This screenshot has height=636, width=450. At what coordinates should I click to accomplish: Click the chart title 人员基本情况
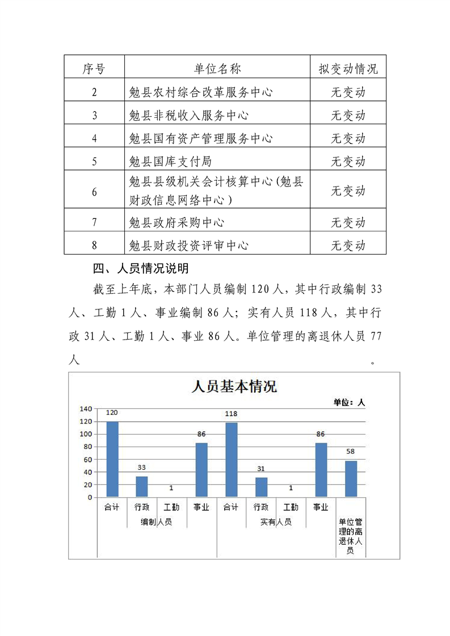click(234, 387)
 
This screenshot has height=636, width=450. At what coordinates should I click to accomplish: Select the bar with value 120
click(112, 459)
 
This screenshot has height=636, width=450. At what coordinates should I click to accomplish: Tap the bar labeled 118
click(231, 460)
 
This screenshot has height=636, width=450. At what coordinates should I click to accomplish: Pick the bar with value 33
click(142, 486)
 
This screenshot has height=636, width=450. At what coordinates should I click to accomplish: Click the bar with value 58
click(351, 479)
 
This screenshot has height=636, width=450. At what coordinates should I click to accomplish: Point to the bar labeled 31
click(261, 487)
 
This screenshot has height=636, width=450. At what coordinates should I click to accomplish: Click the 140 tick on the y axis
click(86, 409)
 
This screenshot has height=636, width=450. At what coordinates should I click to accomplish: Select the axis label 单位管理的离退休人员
click(351, 536)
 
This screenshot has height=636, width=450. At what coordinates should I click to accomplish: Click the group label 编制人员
click(157, 522)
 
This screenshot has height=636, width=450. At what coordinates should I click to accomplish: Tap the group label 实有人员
click(276, 522)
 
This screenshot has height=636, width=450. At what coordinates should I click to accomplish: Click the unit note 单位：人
click(349, 402)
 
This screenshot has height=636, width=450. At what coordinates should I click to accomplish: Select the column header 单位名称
click(217, 69)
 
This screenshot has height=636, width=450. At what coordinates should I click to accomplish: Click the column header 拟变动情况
click(348, 69)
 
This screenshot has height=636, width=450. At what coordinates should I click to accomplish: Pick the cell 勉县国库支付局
click(170, 161)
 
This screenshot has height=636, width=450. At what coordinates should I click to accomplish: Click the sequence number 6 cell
click(94, 192)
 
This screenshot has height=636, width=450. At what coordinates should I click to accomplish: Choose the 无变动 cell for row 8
click(348, 245)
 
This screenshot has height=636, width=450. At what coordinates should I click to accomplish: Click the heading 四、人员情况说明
click(141, 267)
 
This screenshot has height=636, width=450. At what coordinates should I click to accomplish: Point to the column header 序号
click(94, 69)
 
